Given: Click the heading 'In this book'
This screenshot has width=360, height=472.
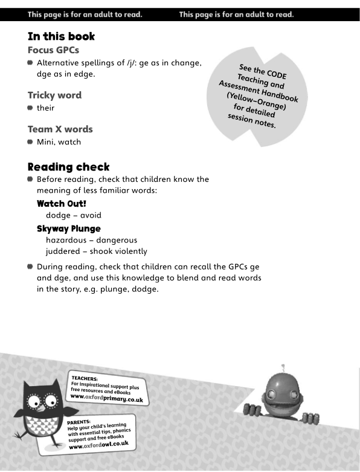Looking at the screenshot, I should coord(61,36).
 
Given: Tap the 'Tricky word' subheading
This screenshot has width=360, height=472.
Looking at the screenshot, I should coord(54,95).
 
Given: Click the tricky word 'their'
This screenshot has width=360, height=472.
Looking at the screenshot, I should coord(46,108).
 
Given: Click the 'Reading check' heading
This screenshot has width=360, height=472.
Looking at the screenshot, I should coord(68,166).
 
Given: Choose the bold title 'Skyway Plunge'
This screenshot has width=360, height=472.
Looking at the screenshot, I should coord(68,228).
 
